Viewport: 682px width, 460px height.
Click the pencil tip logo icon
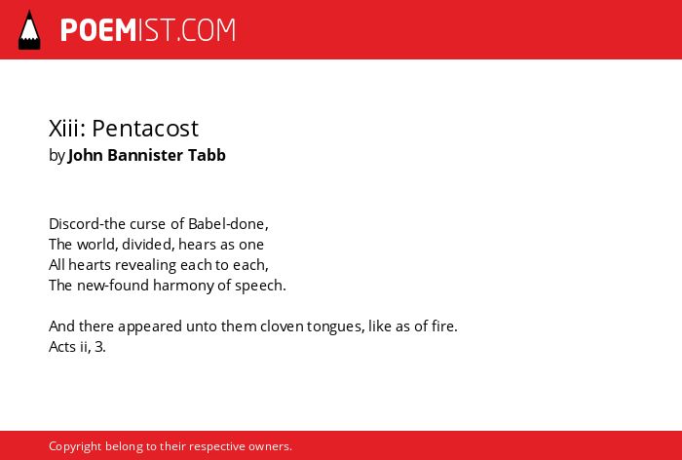coord(29,30)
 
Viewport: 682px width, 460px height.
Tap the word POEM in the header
coord(98,30)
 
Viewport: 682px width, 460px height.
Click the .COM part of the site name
coord(206,30)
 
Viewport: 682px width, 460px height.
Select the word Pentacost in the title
coord(145,129)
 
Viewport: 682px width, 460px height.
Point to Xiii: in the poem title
coord(67,129)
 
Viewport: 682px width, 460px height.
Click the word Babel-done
coord(227,224)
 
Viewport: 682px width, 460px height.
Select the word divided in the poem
coord(147,245)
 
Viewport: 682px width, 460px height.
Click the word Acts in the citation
coord(62,347)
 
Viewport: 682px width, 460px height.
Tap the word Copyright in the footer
coord(75,446)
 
